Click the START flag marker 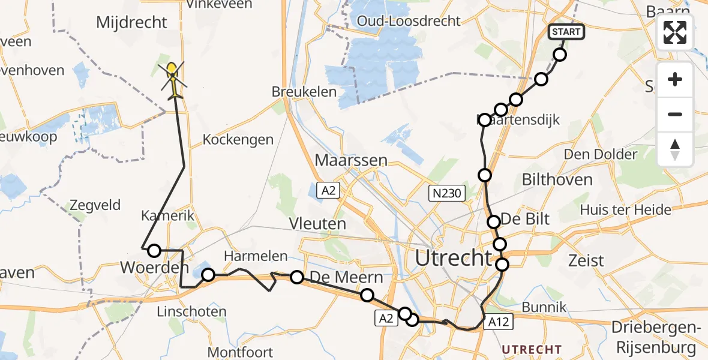566,32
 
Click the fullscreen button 675,32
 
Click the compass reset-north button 675,149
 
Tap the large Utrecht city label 453,259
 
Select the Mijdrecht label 132,23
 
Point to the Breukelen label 302,92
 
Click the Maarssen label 351,161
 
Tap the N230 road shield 446,193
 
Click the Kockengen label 238,139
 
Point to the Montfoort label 240,352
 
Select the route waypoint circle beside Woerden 154,251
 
